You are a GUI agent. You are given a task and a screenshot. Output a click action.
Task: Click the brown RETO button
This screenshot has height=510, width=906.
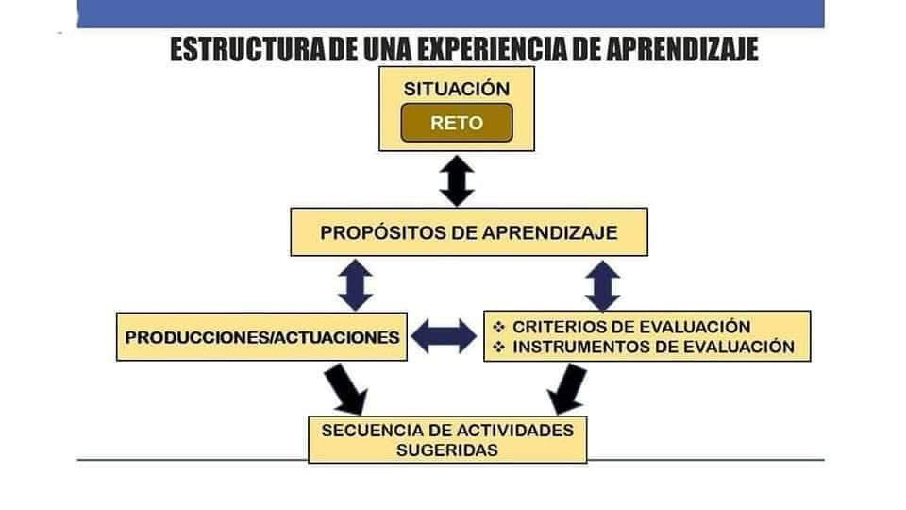457,123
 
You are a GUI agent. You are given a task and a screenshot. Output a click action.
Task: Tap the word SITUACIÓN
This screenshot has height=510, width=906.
457,89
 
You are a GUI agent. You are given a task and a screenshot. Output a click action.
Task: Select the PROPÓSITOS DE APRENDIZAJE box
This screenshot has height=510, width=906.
469,232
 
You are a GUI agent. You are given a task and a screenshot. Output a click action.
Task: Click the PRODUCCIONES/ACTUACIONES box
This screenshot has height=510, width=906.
261,337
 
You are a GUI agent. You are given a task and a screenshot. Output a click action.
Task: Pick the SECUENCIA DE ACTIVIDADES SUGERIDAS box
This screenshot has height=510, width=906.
447,439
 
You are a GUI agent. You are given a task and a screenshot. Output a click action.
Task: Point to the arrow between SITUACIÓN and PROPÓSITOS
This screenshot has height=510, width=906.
457,180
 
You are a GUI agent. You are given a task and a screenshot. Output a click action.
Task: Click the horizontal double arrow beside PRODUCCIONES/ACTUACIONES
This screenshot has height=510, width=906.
444,336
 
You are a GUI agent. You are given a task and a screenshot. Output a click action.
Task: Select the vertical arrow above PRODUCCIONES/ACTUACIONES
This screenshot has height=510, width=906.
355,285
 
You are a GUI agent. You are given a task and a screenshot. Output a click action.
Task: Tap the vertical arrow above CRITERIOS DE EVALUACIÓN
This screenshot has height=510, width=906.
603,285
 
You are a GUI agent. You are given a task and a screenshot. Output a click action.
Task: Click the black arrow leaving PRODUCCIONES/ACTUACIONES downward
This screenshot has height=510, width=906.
346,388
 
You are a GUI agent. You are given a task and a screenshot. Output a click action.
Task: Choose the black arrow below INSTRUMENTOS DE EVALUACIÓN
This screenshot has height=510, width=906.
567,388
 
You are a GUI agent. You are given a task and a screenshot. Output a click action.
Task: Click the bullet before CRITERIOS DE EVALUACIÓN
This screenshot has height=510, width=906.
498,328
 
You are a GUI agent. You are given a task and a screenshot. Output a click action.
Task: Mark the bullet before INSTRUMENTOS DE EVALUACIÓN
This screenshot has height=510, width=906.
498,347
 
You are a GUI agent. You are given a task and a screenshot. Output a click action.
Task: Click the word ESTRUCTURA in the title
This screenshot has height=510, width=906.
248,49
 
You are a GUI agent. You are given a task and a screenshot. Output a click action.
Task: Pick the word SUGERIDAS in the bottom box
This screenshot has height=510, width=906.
447,450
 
